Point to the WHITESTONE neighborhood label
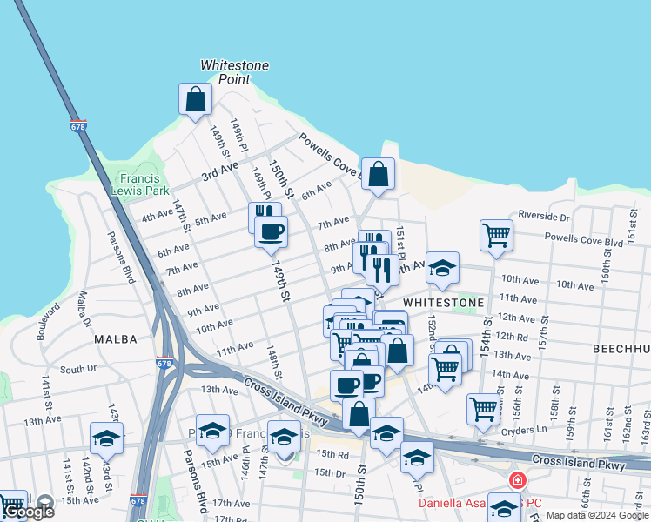(x=443, y=302)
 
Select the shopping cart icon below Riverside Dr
(x=495, y=235)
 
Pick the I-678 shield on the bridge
(x=78, y=126)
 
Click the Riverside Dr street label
(x=543, y=215)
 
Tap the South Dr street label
(x=78, y=369)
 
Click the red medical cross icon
(x=517, y=480)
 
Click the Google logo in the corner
(x=29, y=512)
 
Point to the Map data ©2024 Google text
(x=597, y=515)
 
